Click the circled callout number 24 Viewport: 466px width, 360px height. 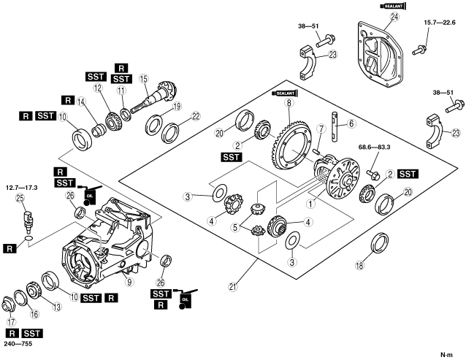coord(394,17)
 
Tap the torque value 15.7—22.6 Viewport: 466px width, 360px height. coord(439,23)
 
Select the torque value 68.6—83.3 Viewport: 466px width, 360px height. coord(375,147)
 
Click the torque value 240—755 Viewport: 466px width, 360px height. coord(18,344)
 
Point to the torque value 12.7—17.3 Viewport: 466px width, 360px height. coord(22,188)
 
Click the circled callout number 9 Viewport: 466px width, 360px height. coord(129,281)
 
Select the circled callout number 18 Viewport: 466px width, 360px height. coord(359,265)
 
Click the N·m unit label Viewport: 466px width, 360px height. coord(446,354)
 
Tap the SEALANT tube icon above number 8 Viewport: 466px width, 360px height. coord(284,93)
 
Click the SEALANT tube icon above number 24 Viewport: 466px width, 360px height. coord(393,6)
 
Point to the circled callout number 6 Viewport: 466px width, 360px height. coord(351,123)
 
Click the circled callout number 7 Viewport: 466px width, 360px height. coord(321,129)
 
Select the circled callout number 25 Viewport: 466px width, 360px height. coord(20,199)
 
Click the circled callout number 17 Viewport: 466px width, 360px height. coord(12,321)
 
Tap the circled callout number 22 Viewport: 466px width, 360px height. coord(196,116)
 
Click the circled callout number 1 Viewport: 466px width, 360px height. coord(310,204)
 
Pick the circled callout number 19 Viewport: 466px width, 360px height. coord(177,107)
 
